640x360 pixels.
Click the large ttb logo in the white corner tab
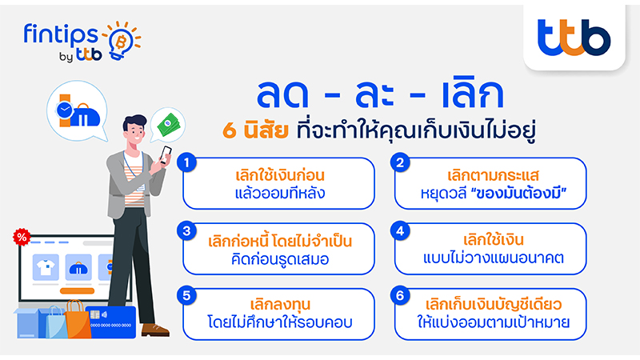click(574, 38)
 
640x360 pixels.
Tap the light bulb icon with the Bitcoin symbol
click(122, 41)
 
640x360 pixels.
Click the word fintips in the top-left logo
click(62, 35)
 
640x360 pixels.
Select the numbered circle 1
click(187, 163)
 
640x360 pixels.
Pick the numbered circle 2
click(400, 163)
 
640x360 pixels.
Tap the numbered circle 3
click(187, 231)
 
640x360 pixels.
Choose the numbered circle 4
click(400, 231)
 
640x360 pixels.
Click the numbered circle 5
click(187, 296)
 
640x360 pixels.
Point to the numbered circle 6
click(400, 296)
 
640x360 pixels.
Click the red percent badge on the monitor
click(22, 237)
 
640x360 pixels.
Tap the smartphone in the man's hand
click(166, 154)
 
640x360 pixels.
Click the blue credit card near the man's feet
click(113, 322)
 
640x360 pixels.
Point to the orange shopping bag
click(77, 321)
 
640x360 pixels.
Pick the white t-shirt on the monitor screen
click(46, 268)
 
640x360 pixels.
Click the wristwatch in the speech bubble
click(65, 110)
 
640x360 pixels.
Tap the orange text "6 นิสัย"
click(255, 130)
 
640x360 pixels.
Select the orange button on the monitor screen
click(77, 291)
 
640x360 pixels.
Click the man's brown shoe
click(155, 330)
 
